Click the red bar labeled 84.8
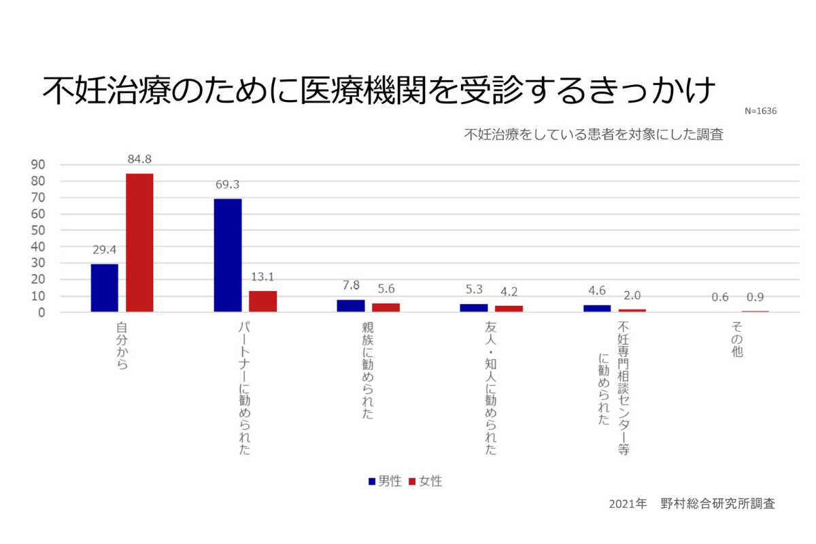coord(139,243)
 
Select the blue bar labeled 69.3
coord(228,255)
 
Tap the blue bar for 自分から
coord(105,288)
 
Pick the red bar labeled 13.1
coord(262,301)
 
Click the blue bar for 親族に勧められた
coord(351,305)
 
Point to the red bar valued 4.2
coord(509,309)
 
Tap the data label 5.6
coord(386,288)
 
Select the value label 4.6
coord(596,291)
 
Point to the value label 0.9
coord(755,297)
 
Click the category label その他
coord(738,341)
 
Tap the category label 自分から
coord(122,346)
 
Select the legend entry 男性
coord(385,481)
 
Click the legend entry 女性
coord(426,481)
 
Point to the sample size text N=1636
coord(760,111)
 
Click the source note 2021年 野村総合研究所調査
coord(692,504)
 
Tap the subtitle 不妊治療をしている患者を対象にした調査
coord(593,134)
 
